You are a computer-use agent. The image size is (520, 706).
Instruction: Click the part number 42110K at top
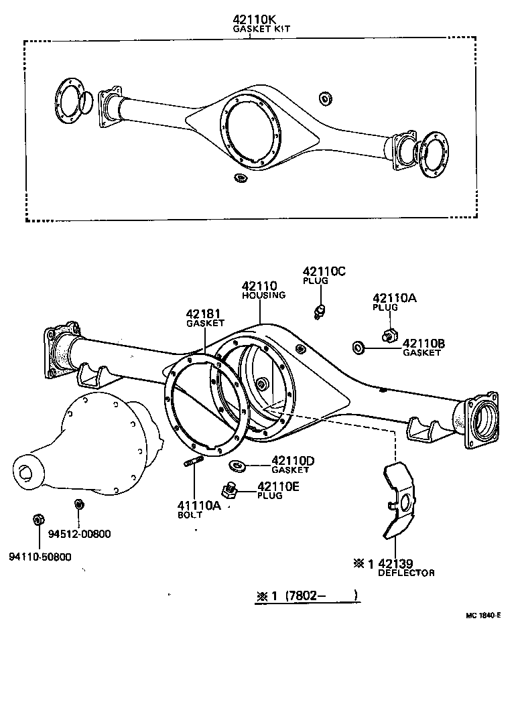(x=249, y=20)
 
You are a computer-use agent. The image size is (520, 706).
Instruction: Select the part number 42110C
(x=324, y=271)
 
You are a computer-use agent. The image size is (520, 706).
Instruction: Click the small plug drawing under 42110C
(x=321, y=310)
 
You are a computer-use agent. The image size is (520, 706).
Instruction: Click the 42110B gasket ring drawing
(x=358, y=346)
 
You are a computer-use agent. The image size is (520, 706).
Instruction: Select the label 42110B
(x=424, y=344)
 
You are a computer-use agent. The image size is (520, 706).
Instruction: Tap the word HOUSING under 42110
(x=263, y=295)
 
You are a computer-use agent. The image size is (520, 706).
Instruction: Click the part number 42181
(x=204, y=313)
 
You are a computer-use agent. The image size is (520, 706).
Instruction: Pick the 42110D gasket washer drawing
(x=237, y=464)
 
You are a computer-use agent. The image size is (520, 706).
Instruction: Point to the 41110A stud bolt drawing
(x=192, y=463)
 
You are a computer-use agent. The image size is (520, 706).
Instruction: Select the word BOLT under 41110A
(x=189, y=515)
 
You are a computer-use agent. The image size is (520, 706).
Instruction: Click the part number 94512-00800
(x=80, y=534)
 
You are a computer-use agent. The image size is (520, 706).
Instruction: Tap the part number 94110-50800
(x=40, y=556)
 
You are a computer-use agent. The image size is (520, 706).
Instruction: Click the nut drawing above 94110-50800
(x=38, y=519)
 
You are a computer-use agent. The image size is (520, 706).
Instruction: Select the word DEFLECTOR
(x=406, y=573)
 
